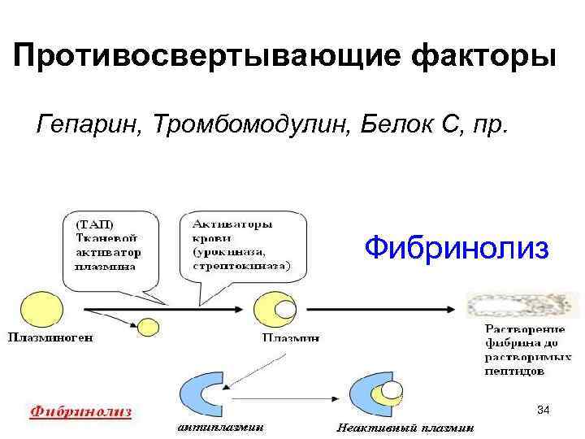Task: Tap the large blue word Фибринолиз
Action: [457, 247]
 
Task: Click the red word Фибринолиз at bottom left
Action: [80, 411]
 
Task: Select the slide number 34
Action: [544, 411]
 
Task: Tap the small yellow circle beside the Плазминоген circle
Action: [148, 326]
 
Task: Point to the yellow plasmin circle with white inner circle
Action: [275, 310]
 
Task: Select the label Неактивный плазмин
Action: [406, 428]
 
